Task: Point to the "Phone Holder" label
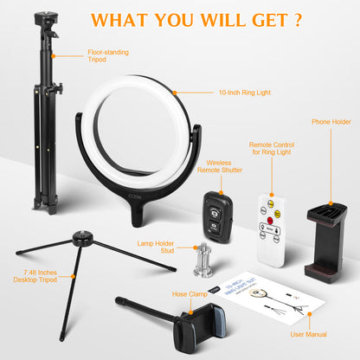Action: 331,123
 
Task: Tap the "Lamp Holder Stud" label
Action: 157,247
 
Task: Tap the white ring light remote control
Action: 272,222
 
